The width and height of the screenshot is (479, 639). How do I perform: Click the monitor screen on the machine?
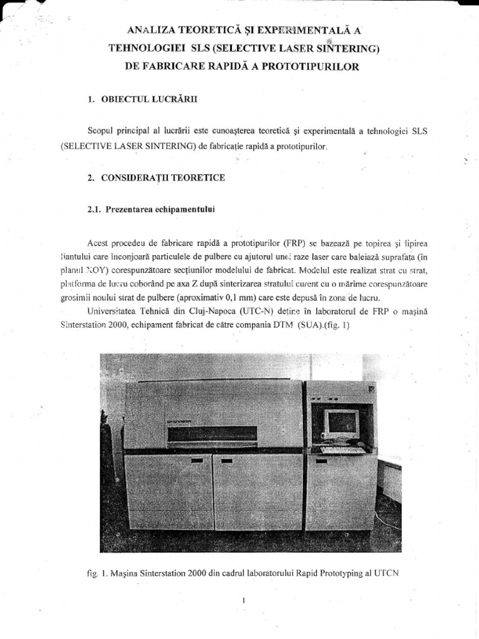343,422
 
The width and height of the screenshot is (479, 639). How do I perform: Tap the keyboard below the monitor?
342,449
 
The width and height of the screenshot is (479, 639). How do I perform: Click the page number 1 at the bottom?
245,601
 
